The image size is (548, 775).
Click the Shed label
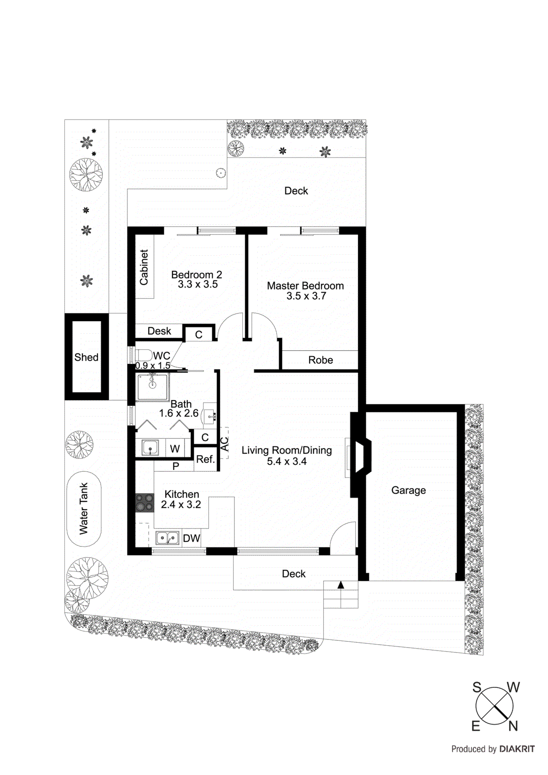point(86,357)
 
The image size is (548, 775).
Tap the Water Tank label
point(84,509)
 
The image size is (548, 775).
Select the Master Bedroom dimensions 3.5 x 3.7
point(306,296)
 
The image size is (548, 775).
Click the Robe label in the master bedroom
point(320,360)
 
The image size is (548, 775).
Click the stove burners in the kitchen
point(144,502)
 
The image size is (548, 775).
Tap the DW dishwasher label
point(191,538)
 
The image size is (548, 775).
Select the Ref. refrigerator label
point(205,459)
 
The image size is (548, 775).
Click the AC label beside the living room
point(224,444)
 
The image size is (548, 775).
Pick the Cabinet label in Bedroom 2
point(144,267)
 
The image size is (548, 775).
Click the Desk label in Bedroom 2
point(159,331)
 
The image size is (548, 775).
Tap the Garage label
point(408,490)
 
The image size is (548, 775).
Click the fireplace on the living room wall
point(360,455)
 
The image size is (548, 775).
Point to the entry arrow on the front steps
point(341,585)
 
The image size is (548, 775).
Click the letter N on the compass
point(513,726)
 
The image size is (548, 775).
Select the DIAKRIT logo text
point(517,749)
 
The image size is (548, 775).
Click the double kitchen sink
point(167,538)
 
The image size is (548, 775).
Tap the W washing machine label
point(175,449)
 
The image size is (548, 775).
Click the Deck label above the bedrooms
point(296,191)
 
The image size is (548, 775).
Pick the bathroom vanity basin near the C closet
point(210,415)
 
